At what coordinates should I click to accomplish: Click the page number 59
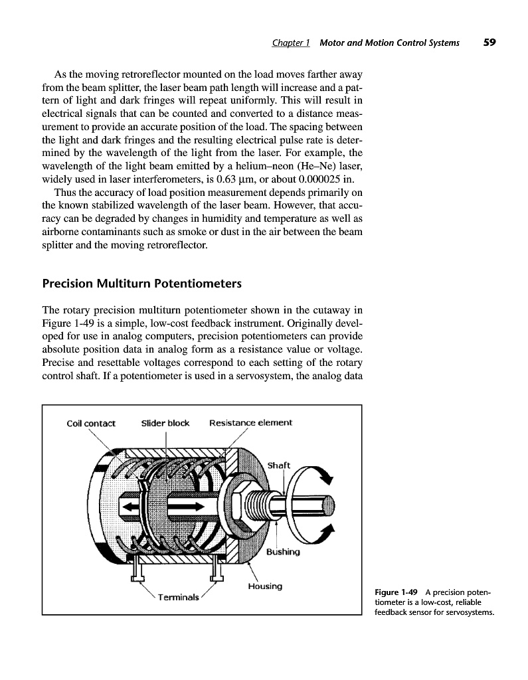point(489,42)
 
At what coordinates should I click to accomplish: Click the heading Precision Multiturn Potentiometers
point(141,284)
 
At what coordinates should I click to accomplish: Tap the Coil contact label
point(91,423)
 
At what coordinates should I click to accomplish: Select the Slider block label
point(165,423)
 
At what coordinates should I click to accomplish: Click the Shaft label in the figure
point(279,465)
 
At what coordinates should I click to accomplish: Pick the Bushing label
point(283,552)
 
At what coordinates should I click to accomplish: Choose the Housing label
point(265,586)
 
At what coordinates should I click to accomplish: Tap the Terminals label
point(178,597)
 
